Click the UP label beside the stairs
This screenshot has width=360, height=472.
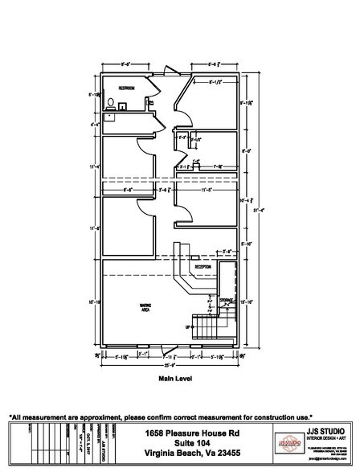[188, 327]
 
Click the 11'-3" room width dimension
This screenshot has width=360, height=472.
[204, 191]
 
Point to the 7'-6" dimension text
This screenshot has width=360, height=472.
[206, 167]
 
